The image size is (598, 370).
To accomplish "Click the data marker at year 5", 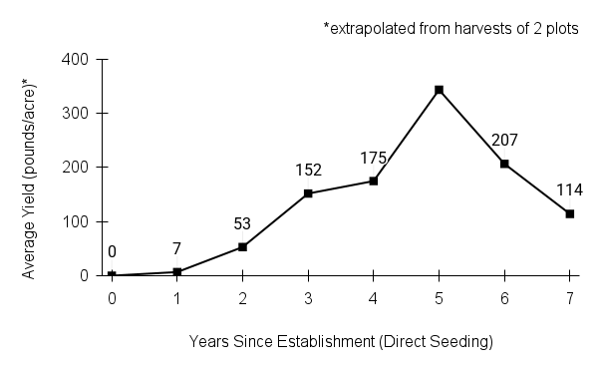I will pos(439,90).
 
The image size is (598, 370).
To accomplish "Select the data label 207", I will pos(504,141).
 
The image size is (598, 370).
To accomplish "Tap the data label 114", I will pos(570,190).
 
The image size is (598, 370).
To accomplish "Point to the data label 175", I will pos(374,158).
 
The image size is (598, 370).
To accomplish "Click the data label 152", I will pos(309,171).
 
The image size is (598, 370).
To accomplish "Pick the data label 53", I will pos(243,223).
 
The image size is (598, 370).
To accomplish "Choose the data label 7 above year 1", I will pos(177,248).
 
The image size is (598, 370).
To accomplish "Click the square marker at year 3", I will pos(308,193).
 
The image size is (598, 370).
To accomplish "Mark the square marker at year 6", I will pos(504,164).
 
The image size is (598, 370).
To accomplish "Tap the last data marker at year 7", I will pos(569,213).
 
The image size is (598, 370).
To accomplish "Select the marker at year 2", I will pos(242,246).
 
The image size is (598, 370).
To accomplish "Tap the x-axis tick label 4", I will pos(374,297).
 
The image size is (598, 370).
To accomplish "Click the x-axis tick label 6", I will pos(504,297).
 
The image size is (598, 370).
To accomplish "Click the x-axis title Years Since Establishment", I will pos(341,342).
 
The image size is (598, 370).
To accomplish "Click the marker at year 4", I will pos(374,181).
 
